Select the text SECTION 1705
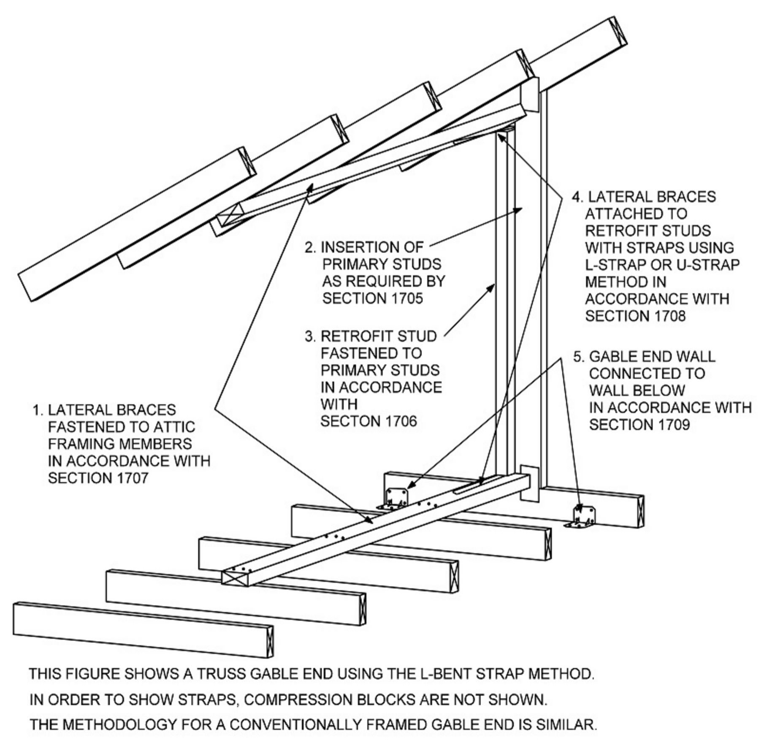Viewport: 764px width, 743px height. [372, 298]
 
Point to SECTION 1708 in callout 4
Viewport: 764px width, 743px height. [635, 316]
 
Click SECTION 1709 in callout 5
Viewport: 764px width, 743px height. [639, 424]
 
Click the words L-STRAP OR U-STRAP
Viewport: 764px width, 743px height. [662, 265]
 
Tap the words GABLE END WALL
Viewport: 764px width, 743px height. [652, 357]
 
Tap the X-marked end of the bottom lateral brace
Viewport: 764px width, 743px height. [235, 576]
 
